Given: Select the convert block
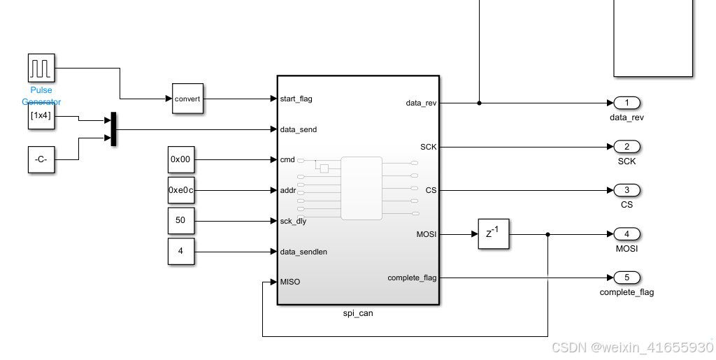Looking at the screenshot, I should click(187, 99).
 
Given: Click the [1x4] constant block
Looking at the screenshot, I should click(41, 116).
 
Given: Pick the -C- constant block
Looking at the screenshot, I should click(41, 159).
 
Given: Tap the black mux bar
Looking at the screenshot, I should click(113, 129).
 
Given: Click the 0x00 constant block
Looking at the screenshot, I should click(181, 159).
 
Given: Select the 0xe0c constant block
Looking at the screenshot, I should click(181, 190).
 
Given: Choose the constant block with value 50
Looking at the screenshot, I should click(181, 221).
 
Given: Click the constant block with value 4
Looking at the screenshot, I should click(181, 252).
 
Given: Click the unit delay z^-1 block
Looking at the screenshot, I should click(494, 234).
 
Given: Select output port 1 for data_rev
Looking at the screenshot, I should click(626, 103).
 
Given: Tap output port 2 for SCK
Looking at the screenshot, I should click(626, 147).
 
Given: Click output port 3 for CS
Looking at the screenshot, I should click(626, 190).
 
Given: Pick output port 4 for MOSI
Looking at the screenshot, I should click(626, 234).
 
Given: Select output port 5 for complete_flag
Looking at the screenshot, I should click(626, 278).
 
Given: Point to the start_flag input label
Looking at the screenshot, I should click(295, 99).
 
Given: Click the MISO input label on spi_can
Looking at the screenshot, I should click(289, 282).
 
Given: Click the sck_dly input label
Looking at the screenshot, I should click(292, 221).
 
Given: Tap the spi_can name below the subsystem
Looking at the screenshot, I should click(358, 313).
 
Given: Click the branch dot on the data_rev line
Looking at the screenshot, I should click(479, 103).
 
